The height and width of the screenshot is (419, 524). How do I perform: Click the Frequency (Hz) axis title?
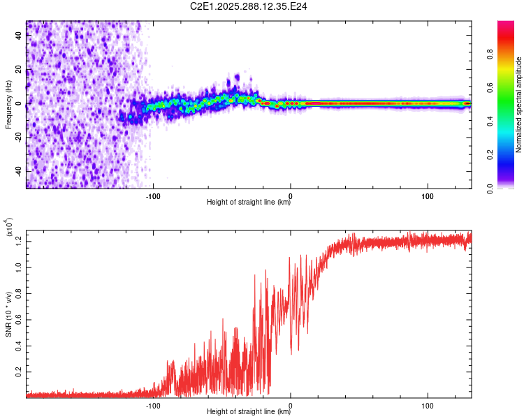tap(8, 104)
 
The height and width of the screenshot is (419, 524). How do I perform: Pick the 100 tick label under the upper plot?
tap(428, 195)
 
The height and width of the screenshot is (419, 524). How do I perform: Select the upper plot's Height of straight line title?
tap(249, 203)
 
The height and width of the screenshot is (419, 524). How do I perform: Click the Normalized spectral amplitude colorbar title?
tap(519, 105)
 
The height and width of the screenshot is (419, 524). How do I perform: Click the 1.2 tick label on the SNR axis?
tap(20, 241)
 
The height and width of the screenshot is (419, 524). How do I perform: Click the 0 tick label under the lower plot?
tap(291, 404)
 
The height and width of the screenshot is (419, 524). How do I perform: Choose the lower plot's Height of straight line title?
tap(249, 412)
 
